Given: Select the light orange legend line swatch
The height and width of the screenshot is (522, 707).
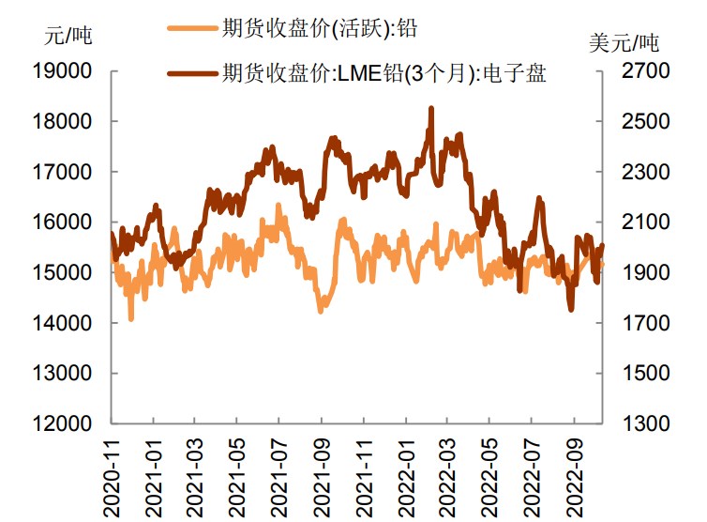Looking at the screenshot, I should (192, 28).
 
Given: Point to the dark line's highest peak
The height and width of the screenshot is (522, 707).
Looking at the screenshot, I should (431, 109).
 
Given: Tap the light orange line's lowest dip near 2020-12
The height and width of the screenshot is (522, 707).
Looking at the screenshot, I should (130, 319).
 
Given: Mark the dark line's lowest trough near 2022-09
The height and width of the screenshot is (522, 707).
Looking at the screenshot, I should (571, 310).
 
